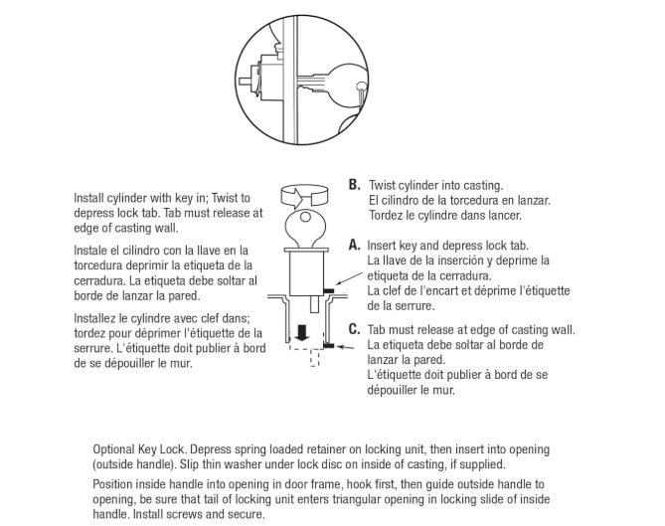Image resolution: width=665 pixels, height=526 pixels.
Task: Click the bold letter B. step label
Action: coord(354,185)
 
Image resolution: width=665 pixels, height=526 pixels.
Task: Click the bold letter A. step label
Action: coord(354,245)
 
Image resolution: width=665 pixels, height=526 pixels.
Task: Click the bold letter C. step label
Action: coord(354,329)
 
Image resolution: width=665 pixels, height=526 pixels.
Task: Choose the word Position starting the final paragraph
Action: coord(114,484)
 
